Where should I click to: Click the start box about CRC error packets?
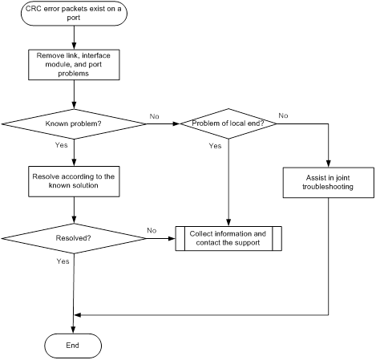[74, 14]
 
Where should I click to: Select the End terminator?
[73, 346]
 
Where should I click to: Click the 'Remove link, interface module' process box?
[74, 64]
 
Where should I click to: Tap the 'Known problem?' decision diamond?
[74, 124]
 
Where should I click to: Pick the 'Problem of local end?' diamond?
[228, 123]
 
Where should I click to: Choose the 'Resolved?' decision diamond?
[74, 238]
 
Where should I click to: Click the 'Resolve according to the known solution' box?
[74, 181]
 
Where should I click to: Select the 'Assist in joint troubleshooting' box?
[329, 183]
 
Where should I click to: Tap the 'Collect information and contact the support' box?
[228, 238]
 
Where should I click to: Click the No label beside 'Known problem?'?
[155, 116]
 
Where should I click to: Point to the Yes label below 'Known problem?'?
[62, 145]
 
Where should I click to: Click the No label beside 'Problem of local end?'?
[283, 115]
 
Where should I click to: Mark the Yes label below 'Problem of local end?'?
[215, 146]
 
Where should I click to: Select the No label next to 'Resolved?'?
[152, 230]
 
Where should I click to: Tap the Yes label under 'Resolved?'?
[63, 261]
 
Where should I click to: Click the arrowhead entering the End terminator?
[73, 330]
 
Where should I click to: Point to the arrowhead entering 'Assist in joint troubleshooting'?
[329, 164]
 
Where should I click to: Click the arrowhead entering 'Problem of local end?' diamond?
[176, 123]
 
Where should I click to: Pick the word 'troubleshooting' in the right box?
[328, 187]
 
